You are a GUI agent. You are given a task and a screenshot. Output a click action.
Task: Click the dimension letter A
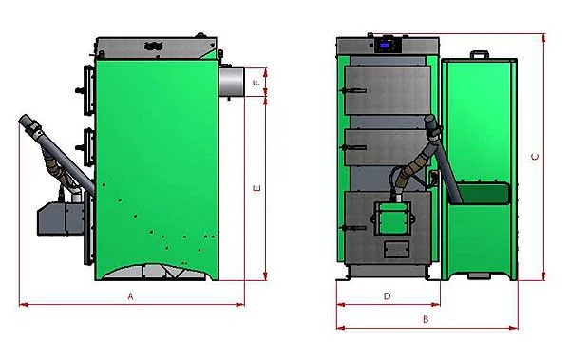(131, 296)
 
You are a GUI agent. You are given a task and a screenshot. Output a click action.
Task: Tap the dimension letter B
(426, 320)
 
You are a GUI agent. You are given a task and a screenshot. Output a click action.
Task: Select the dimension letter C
(535, 157)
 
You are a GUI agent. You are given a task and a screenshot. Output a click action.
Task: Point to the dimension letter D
(388, 296)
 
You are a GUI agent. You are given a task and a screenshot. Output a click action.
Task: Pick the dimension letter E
(257, 188)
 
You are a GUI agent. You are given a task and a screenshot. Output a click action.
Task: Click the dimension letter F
(257, 83)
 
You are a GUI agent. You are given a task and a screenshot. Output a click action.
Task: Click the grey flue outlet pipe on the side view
(231, 83)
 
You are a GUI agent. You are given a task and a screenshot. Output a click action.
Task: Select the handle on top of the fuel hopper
(480, 54)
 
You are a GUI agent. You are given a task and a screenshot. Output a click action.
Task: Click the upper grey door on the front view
(388, 90)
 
